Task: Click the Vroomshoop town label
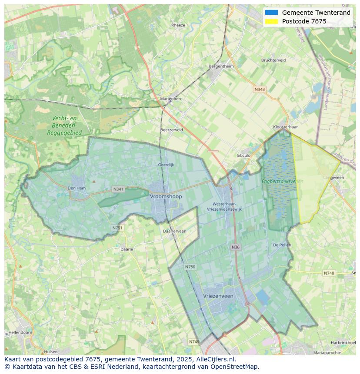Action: (x=166, y=196)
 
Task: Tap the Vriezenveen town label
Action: (x=218, y=296)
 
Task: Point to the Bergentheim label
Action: (x=221, y=66)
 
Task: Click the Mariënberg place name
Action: (x=171, y=99)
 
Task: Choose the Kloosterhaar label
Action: (x=285, y=127)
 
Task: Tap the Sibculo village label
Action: (x=243, y=156)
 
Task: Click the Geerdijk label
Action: (x=166, y=165)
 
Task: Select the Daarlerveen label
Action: (x=175, y=231)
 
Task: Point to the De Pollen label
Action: (x=282, y=245)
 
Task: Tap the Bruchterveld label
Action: (x=273, y=60)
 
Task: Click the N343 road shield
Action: (x=260, y=89)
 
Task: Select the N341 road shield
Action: (x=118, y=189)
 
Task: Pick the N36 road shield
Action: (x=235, y=247)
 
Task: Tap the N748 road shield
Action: (x=329, y=273)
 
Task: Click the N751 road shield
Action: (x=117, y=228)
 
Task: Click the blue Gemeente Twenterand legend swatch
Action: (x=271, y=13)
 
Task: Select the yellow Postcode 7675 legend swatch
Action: (x=271, y=21)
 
